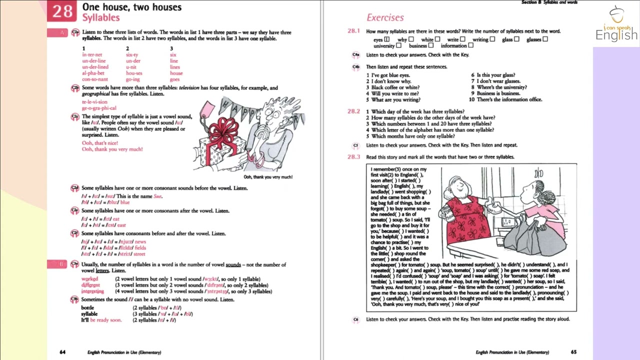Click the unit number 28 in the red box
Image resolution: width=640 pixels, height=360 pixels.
click(62, 11)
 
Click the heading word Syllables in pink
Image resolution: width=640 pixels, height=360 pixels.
click(100, 17)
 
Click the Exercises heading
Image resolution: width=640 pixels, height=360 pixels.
click(385, 17)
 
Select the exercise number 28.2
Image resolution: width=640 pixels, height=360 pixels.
click(353, 111)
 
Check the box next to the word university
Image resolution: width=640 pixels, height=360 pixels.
click(398, 46)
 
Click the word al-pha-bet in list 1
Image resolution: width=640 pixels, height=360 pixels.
click(93, 73)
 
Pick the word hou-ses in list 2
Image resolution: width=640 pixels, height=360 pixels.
click(134, 73)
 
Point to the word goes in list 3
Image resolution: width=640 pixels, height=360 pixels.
click(174, 79)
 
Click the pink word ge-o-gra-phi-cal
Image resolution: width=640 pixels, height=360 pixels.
click(99, 108)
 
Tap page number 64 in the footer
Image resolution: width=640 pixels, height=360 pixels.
click(62, 352)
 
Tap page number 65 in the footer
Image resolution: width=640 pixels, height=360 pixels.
click(573, 352)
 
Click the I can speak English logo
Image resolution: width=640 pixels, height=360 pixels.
click(616, 25)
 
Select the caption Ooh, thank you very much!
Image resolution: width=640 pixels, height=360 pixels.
click(268, 177)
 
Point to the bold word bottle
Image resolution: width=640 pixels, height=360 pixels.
click(87, 308)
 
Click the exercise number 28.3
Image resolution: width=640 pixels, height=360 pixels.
click(353, 157)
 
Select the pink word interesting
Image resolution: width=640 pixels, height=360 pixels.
click(92, 291)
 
